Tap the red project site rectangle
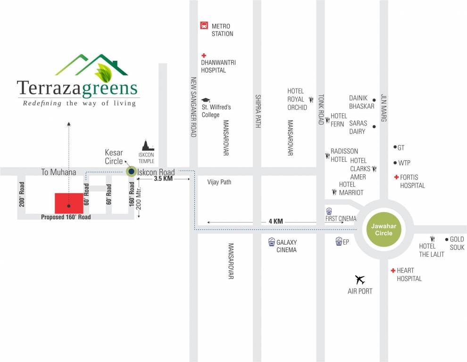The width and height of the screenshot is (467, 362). click(69, 203)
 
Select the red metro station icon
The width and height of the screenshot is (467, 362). click(204, 25)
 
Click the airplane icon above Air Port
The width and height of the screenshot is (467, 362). click(360, 280)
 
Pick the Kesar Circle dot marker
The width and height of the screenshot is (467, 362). click(131, 172)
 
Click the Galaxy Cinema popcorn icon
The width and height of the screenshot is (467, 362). click(271, 242)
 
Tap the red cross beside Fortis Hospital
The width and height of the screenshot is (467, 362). click(396, 177)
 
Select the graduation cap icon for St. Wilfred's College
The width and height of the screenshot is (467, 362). click(206, 100)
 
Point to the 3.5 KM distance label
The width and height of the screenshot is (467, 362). click(163, 179)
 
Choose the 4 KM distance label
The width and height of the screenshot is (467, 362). click(275, 221)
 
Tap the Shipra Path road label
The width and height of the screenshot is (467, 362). click(258, 110)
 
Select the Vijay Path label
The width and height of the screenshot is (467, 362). click(219, 182)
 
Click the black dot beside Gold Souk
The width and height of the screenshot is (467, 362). click(447, 239)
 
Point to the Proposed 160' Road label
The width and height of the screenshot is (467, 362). click(66, 217)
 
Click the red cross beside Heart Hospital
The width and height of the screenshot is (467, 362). click(392, 271)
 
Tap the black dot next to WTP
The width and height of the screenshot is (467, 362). click(395, 163)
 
